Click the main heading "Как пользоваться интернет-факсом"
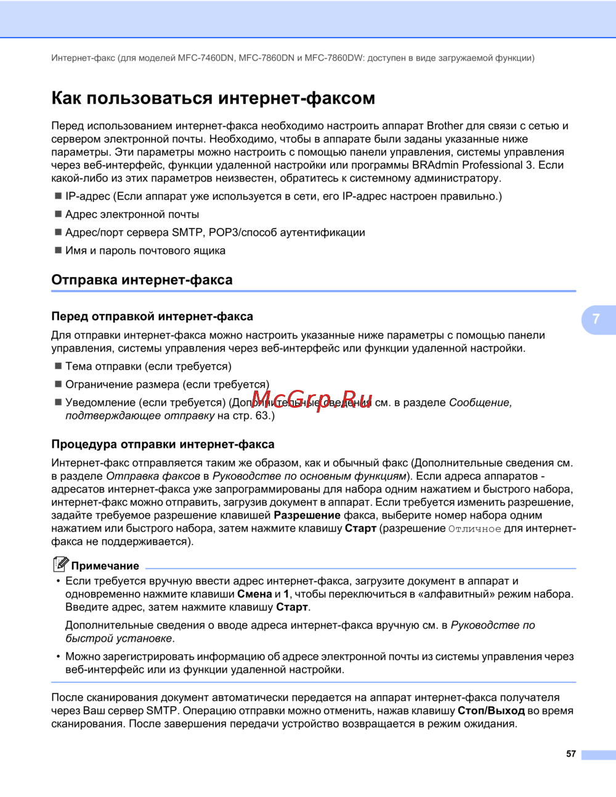click(x=213, y=99)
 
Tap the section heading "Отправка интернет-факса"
click(x=142, y=280)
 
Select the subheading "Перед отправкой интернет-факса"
click(x=152, y=317)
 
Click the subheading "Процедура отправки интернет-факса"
click(x=163, y=444)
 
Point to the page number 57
click(x=571, y=754)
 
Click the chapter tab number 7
click(x=596, y=319)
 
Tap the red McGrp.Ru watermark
click(x=312, y=399)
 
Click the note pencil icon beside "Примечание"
click(x=60, y=564)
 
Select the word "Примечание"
click(x=105, y=566)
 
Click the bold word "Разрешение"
click(x=307, y=515)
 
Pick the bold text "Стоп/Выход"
click(x=491, y=711)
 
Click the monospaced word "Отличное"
click(x=474, y=529)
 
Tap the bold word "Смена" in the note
click(x=254, y=594)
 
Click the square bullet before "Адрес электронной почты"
click(x=59, y=214)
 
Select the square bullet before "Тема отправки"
click(x=59, y=366)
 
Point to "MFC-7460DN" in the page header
click(x=206, y=58)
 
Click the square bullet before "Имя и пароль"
click(x=59, y=251)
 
